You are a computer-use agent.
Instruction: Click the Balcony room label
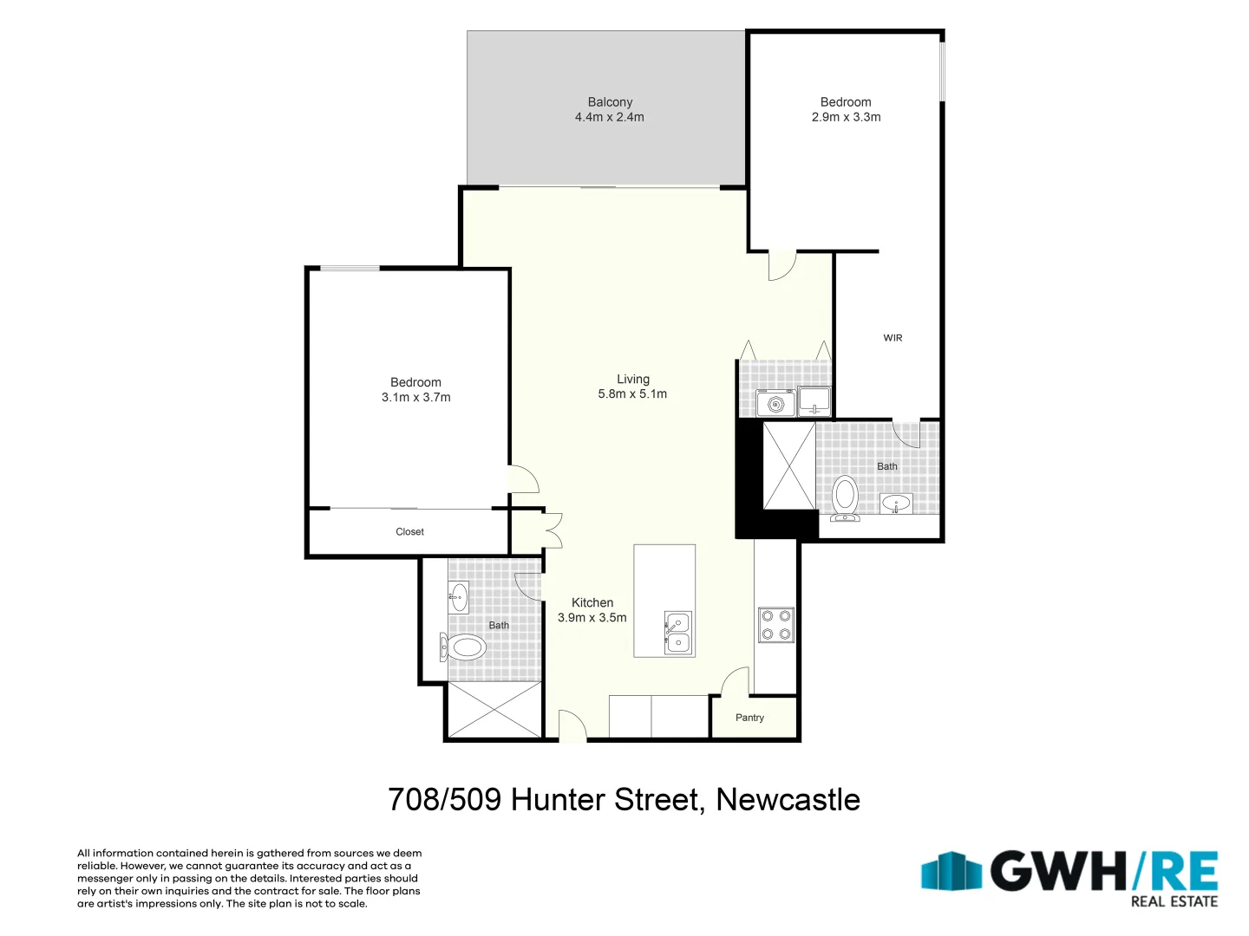coord(610,102)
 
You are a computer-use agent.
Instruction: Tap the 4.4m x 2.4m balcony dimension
coord(610,117)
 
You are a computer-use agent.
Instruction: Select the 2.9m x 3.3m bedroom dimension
coord(846,117)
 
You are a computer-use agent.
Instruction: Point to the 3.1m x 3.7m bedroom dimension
coord(415,397)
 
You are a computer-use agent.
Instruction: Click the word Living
coord(632,379)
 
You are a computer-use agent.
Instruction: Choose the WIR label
coord(893,338)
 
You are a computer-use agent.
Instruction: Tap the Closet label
coord(409,532)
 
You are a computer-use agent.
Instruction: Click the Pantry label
coord(749,718)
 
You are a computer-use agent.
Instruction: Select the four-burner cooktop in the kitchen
coord(775,625)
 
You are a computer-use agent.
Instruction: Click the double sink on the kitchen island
coord(677,633)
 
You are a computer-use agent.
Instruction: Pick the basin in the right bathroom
coord(896,503)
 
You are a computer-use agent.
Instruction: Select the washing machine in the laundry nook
coord(775,403)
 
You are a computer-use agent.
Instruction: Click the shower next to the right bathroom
coord(788,466)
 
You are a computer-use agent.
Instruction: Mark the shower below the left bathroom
coord(494,710)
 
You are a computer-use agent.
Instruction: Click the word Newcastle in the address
coord(788,799)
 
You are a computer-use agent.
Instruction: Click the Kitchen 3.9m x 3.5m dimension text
coord(592,618)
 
